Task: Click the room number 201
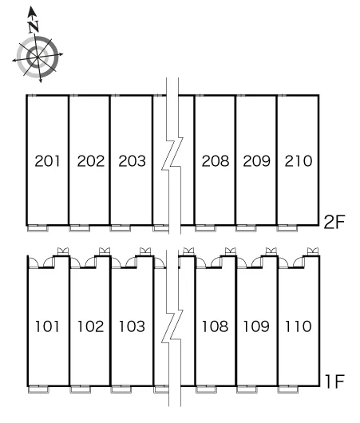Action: pos(47,161)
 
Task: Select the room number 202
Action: pos(91,161)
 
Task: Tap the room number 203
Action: pos(132,161)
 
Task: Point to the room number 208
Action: pos(216,161)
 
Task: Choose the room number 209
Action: pos(257,161)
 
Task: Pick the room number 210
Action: pos(299,161)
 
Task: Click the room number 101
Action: pos(47,326)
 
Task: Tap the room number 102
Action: pos(91,326)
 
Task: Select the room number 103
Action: pos(132,326)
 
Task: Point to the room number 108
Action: pos(216,326)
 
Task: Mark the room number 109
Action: pos(257,326)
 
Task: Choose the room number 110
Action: pos(299,326)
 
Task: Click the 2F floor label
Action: pos(334,223)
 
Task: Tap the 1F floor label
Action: pos(335,381)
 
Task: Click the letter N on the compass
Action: pos(34,26)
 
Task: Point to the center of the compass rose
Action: pos(37,57)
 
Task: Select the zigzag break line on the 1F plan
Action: pos(172,328)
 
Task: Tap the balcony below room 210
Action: pos(287,228)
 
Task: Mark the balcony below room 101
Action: pos(38,389)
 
